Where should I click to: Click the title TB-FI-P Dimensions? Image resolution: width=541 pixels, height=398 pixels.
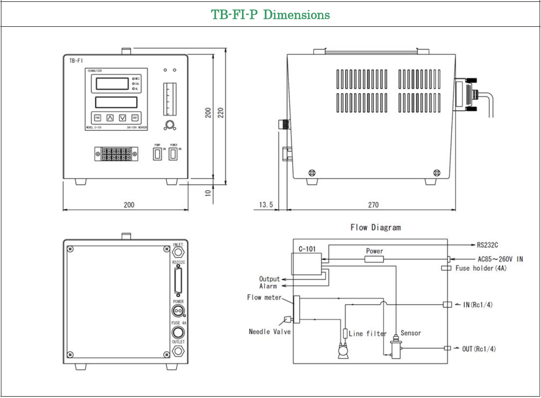[270, 15]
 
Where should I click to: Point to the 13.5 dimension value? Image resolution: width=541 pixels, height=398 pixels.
[267, 205]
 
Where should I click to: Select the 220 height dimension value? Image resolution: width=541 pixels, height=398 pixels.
[221, 112]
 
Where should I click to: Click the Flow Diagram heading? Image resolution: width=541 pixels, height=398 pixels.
[375, 227]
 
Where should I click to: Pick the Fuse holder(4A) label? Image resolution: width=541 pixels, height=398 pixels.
[480, 268]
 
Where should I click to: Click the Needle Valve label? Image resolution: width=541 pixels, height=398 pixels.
[270, 331]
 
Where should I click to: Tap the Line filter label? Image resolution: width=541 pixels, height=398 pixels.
[368, 333]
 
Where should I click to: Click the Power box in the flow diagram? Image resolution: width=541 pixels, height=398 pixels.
[374, 259]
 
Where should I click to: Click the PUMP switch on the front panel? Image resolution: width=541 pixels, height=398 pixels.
[158, 154]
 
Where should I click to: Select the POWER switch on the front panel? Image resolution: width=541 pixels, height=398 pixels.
[173, 154]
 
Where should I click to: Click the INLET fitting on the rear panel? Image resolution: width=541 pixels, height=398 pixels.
[178, 253]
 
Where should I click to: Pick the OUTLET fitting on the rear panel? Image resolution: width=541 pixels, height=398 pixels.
[178, 351]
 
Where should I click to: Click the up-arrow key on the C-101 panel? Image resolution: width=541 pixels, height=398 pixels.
[110, 117]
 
